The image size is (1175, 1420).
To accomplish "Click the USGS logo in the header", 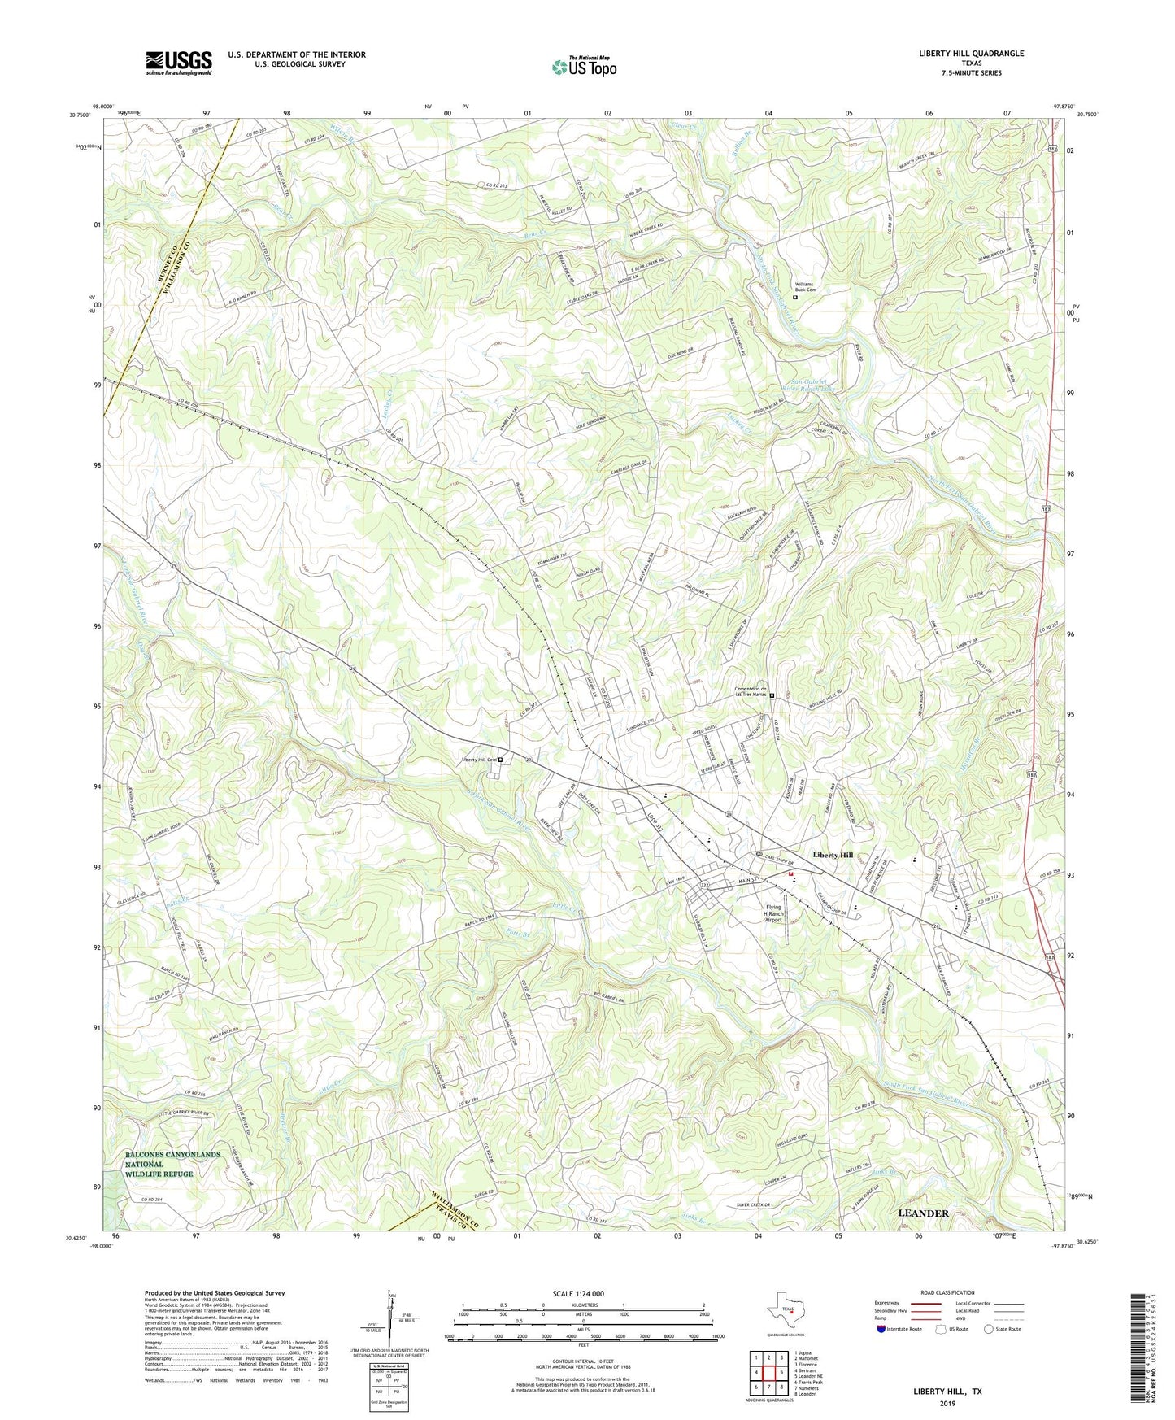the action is click(x=178, y=63).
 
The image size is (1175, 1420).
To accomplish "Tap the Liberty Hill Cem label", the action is click(x=474, y=760).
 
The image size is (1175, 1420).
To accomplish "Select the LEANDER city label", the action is click(x=923, y=1213).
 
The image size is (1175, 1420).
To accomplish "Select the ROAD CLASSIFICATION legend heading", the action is click(x=948, y=1292).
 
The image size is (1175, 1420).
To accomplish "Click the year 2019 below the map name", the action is click(x=947, y=1403).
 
